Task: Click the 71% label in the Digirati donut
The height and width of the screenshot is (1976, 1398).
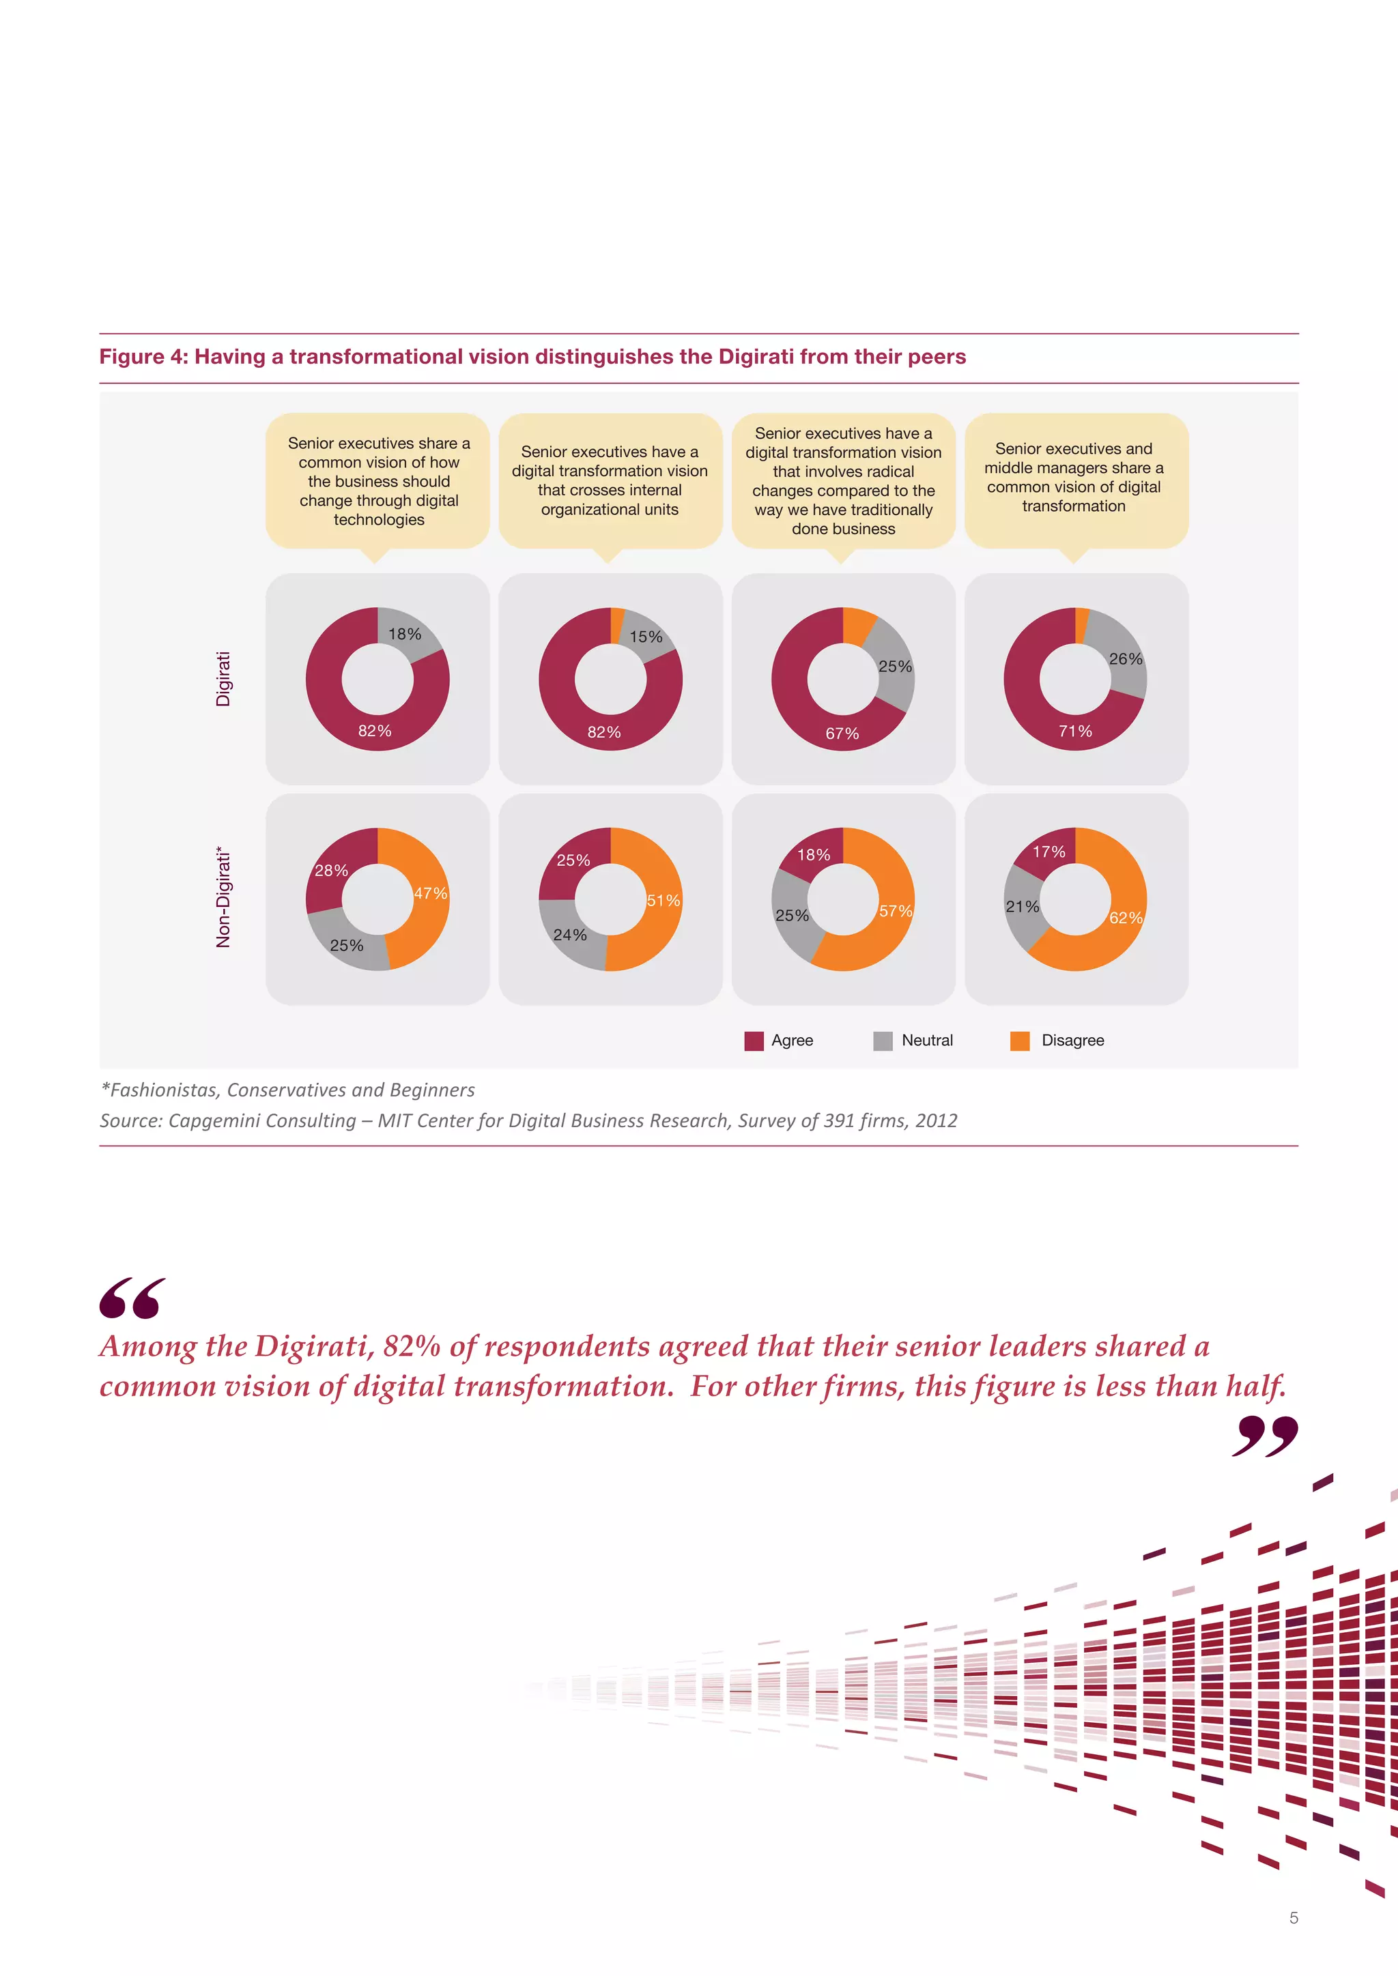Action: [1075, 731]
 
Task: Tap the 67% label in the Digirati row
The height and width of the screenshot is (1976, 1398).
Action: [842, 734]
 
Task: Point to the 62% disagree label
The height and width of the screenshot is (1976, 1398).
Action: [1125, 918]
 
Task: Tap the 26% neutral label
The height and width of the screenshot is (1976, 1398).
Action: [1125, 659]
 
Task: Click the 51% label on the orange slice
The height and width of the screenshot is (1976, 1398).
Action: [663, 901]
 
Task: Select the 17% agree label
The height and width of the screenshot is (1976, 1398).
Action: [1048, 852]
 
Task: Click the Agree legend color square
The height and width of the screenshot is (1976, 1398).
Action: [754, 1041]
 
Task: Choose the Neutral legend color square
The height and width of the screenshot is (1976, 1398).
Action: [883, 1041]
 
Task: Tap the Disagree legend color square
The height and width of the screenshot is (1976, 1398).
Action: [1020, 1041]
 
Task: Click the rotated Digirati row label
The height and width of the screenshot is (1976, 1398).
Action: [224, 679]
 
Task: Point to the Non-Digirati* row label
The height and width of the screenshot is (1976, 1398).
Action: [224, 899]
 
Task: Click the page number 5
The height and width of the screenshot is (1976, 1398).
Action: [1293, 1918]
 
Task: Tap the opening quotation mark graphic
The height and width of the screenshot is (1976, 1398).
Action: [132, 1298]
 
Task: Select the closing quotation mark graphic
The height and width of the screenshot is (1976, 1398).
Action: [1265, 1436]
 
